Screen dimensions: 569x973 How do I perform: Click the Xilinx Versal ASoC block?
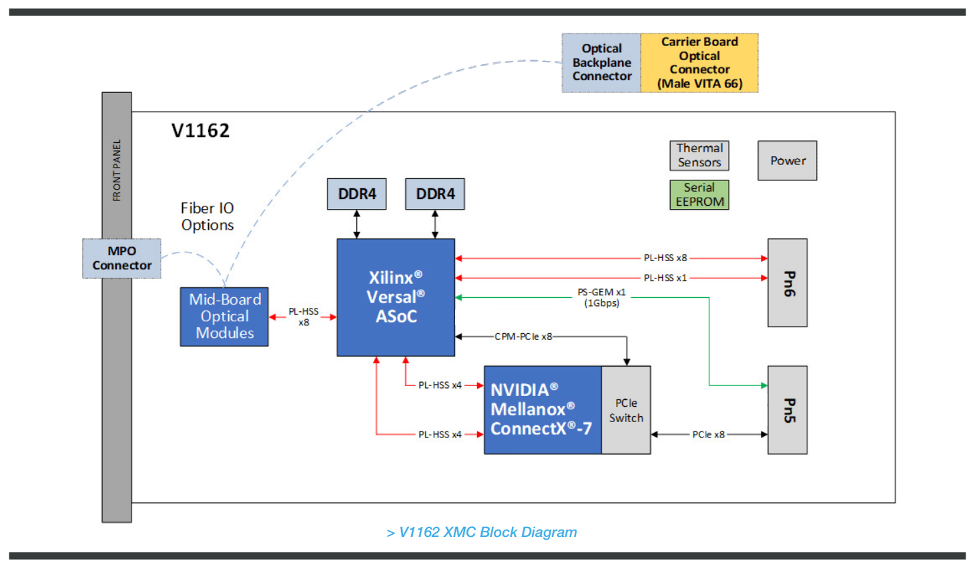tap(396, 297)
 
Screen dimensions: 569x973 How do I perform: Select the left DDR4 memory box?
tap(356, 194)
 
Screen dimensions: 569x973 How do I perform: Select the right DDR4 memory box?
tap(435, 194)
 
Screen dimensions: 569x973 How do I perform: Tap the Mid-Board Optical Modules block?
tap(224, 317)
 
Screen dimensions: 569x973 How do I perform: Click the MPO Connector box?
tap(121, 258)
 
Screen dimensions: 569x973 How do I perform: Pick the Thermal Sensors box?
tap(699, 156)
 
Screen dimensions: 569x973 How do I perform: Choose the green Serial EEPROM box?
tap(699, 195)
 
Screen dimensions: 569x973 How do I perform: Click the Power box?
tap(787, 161)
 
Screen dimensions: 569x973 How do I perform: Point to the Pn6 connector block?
tap(787, 283)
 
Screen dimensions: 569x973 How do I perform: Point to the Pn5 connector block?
tap(787, 410)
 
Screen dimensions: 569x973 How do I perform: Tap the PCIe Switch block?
tap(626, 410)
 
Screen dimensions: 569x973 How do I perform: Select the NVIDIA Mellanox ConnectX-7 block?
tap(542, 410)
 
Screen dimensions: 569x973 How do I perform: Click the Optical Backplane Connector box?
tap(601, 63)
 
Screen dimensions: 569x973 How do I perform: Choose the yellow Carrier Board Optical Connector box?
tap(699, 63)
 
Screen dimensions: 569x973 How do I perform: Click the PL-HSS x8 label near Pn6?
tap(665, 258)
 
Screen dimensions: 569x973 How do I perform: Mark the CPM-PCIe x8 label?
tap(523, 337)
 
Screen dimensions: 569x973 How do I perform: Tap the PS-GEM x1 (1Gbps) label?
tap(601, 298)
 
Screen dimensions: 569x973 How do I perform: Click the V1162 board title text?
tap(200, 131)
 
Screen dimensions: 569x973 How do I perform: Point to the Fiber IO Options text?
tap(208, 217)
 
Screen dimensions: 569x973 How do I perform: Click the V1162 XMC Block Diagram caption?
tap(482, 532)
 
